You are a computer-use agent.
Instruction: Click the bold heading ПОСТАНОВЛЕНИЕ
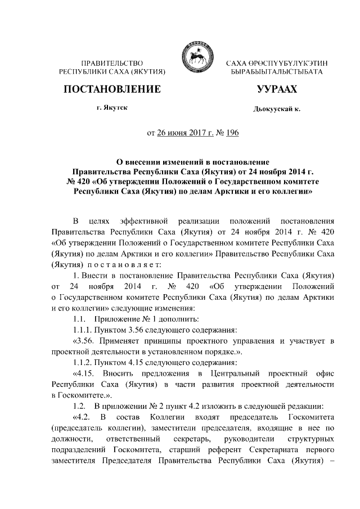click(112, 89)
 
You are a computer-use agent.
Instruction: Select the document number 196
click(232, 133)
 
